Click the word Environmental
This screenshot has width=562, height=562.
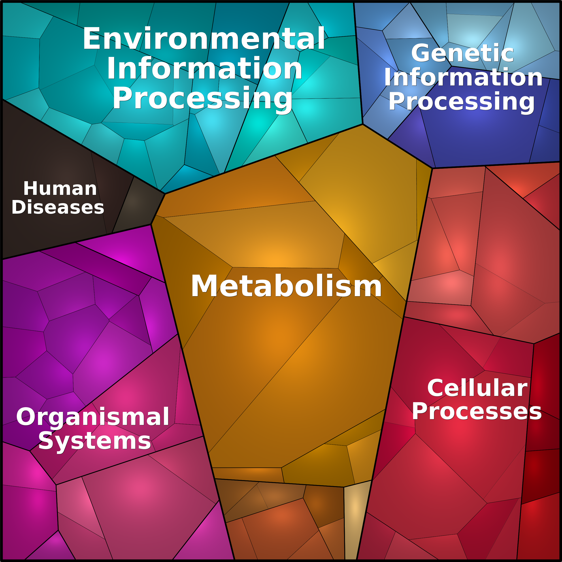click(204, 38)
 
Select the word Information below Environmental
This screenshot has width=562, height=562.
click(204, 68)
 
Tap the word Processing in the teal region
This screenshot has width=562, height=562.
click(202, 99)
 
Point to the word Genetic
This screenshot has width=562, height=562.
click(462, 53)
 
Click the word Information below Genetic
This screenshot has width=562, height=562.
click(463, 77)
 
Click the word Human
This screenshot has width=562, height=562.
click(60, 189)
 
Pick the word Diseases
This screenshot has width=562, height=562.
click(57, 207)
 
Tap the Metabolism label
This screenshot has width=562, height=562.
click(286, 286)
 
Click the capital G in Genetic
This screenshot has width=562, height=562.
click(421, 53)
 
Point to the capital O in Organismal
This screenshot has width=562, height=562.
click(27, 417)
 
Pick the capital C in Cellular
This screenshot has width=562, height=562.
click(436, 388)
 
